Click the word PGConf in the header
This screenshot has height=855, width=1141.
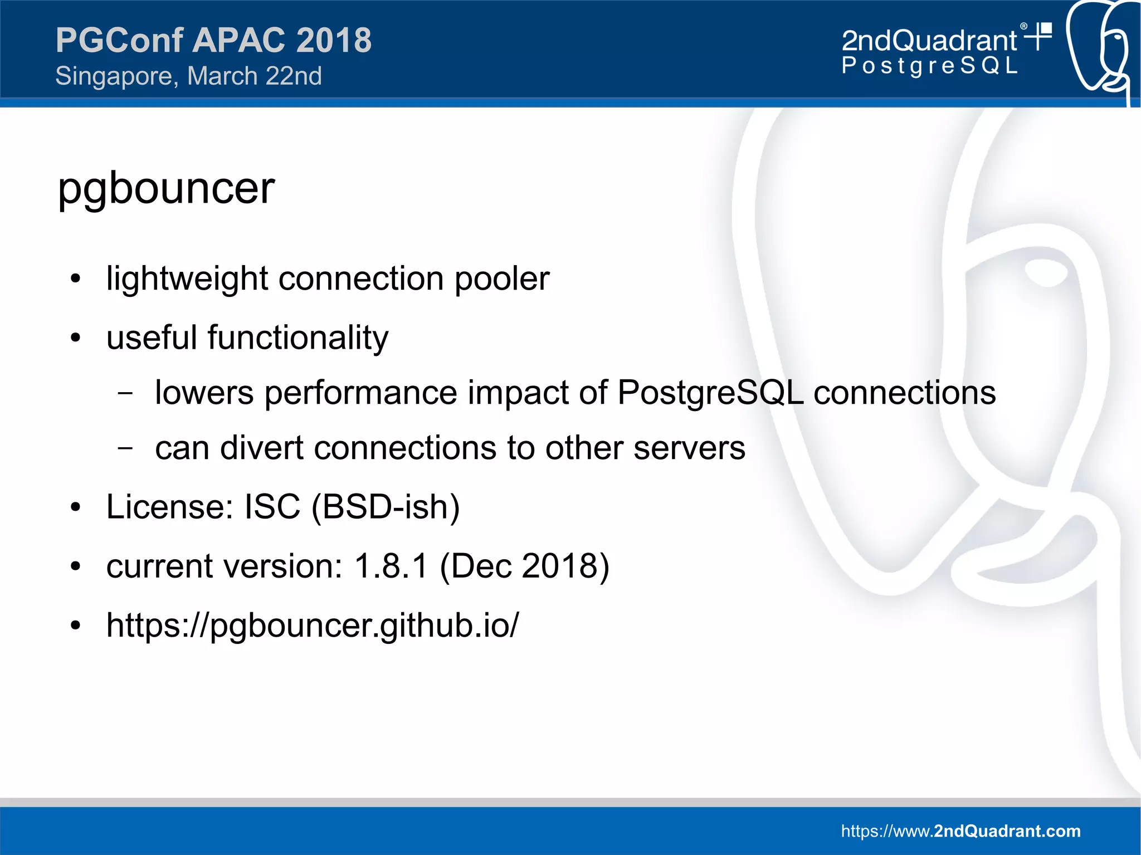[x=119, y=40]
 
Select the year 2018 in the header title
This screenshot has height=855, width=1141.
[x=334, y=40]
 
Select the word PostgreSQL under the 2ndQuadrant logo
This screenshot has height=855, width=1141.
[x=929, y=66]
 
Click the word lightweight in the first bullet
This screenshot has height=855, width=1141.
[x=187, y=279]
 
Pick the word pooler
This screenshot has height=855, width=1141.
[x=502, y=279]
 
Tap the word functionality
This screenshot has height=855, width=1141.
[x=298, y=338]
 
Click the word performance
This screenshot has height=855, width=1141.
[x=360, y=393]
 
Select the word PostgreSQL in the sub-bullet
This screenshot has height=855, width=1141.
[x=710, y=393]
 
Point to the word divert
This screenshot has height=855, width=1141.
[x=261, y=448]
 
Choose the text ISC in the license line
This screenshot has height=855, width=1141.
[x=272, y=507]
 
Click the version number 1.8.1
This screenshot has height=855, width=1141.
[x=391, y=566]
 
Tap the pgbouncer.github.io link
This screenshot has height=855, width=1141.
[x=313, y=625]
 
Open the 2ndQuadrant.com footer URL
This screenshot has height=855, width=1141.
[x=960, y=831]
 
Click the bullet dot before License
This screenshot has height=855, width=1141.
[x=76, y=507]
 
